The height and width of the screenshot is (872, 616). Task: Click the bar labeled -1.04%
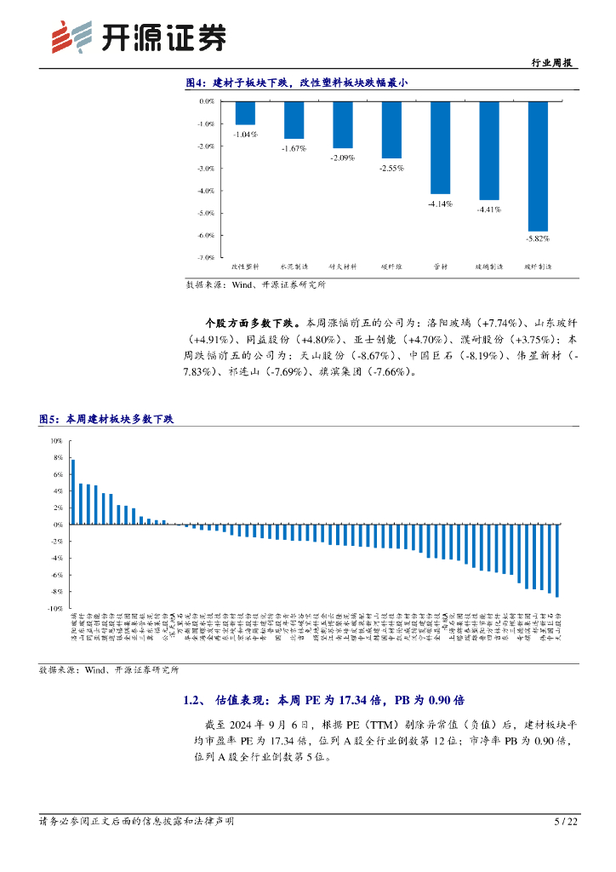[245, 113]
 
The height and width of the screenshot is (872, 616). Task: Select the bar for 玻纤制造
[538, 166]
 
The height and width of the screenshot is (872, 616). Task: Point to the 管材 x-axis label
[440, 267]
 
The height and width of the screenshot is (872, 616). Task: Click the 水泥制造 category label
[294, 267]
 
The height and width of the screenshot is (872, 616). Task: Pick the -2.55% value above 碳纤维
[391, 167]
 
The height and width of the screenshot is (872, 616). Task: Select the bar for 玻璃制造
[489, 151]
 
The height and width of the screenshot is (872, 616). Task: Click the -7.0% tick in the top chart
[207, 257]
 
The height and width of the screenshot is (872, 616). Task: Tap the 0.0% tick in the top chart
[207, 101]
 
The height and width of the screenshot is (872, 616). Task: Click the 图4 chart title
[297, 83]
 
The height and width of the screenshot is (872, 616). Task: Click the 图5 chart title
[106, 419]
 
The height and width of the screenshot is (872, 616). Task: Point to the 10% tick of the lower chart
[56, 441]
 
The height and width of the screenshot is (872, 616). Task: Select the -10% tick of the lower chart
[55, 609]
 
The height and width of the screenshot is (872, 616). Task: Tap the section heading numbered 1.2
[323, 700]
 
